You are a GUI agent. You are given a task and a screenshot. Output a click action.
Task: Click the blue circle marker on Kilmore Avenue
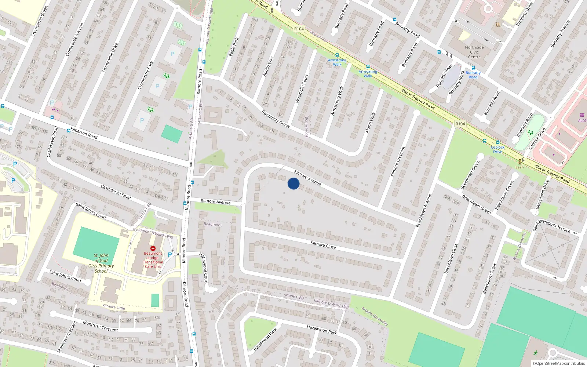point(293,183)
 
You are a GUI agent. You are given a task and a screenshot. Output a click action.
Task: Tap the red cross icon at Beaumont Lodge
point(153,248)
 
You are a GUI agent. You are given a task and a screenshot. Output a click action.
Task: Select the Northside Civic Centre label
point(474,52)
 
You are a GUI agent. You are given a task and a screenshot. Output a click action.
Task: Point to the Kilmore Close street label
point(323,245)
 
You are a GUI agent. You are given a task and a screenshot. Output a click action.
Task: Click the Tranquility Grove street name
point(276,119)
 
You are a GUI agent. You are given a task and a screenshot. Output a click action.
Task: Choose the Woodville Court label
point(302,88)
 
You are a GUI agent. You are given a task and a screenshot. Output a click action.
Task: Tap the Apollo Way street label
point(268,66)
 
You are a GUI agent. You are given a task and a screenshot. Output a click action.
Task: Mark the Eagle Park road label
point(234,47)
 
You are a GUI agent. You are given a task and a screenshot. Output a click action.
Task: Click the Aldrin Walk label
point(371,122)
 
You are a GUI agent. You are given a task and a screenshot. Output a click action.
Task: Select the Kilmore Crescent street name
point(398,161)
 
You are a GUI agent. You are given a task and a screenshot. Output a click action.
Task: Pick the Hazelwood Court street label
point(204,268)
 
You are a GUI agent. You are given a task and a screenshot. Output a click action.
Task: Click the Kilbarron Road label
point(84,133)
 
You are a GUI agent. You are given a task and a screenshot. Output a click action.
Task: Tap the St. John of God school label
point(101,263)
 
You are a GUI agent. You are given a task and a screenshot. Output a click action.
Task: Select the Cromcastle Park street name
point(146,75)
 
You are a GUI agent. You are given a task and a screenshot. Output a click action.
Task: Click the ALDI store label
point(582,120)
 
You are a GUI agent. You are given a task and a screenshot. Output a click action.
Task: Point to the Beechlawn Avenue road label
point(424,210)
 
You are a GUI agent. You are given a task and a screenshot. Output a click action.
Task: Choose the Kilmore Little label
point(113,307)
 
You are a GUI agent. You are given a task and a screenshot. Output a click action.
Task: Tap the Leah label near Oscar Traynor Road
point(520,167)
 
